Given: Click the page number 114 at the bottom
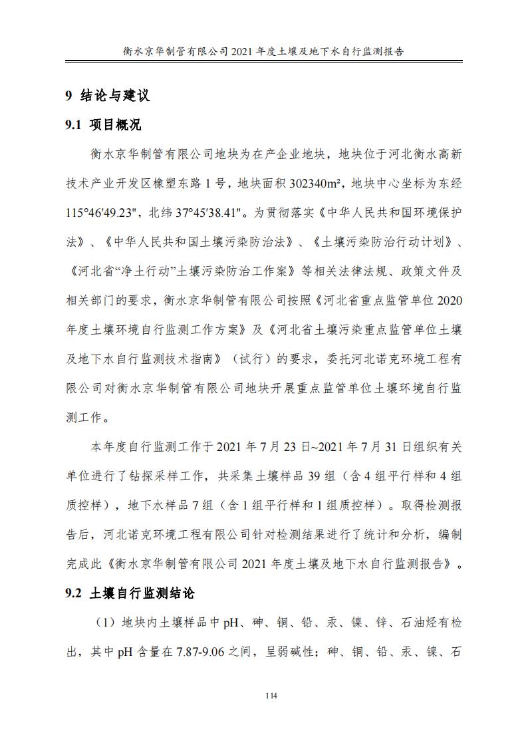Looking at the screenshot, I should click(264, 696).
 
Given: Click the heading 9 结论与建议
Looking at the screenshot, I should click(107, 95).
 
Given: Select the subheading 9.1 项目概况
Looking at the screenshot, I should click(103, 126).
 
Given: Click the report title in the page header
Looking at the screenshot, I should click(264, 51).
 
